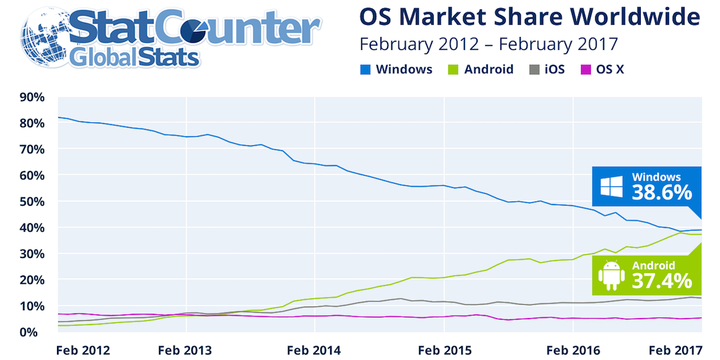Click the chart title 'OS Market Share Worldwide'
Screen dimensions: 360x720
click(x=529, y=17)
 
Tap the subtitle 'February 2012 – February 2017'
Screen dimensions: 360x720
click(x=488, y=44)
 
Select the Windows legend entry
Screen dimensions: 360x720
click(x=397, y=69)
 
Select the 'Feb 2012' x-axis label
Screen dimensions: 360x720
click(x=83, y=349)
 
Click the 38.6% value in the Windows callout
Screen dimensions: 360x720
click(x=661, y=192)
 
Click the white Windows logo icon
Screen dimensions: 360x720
click(x=613, y=187)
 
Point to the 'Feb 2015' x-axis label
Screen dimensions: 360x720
click(x=443, y=349)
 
